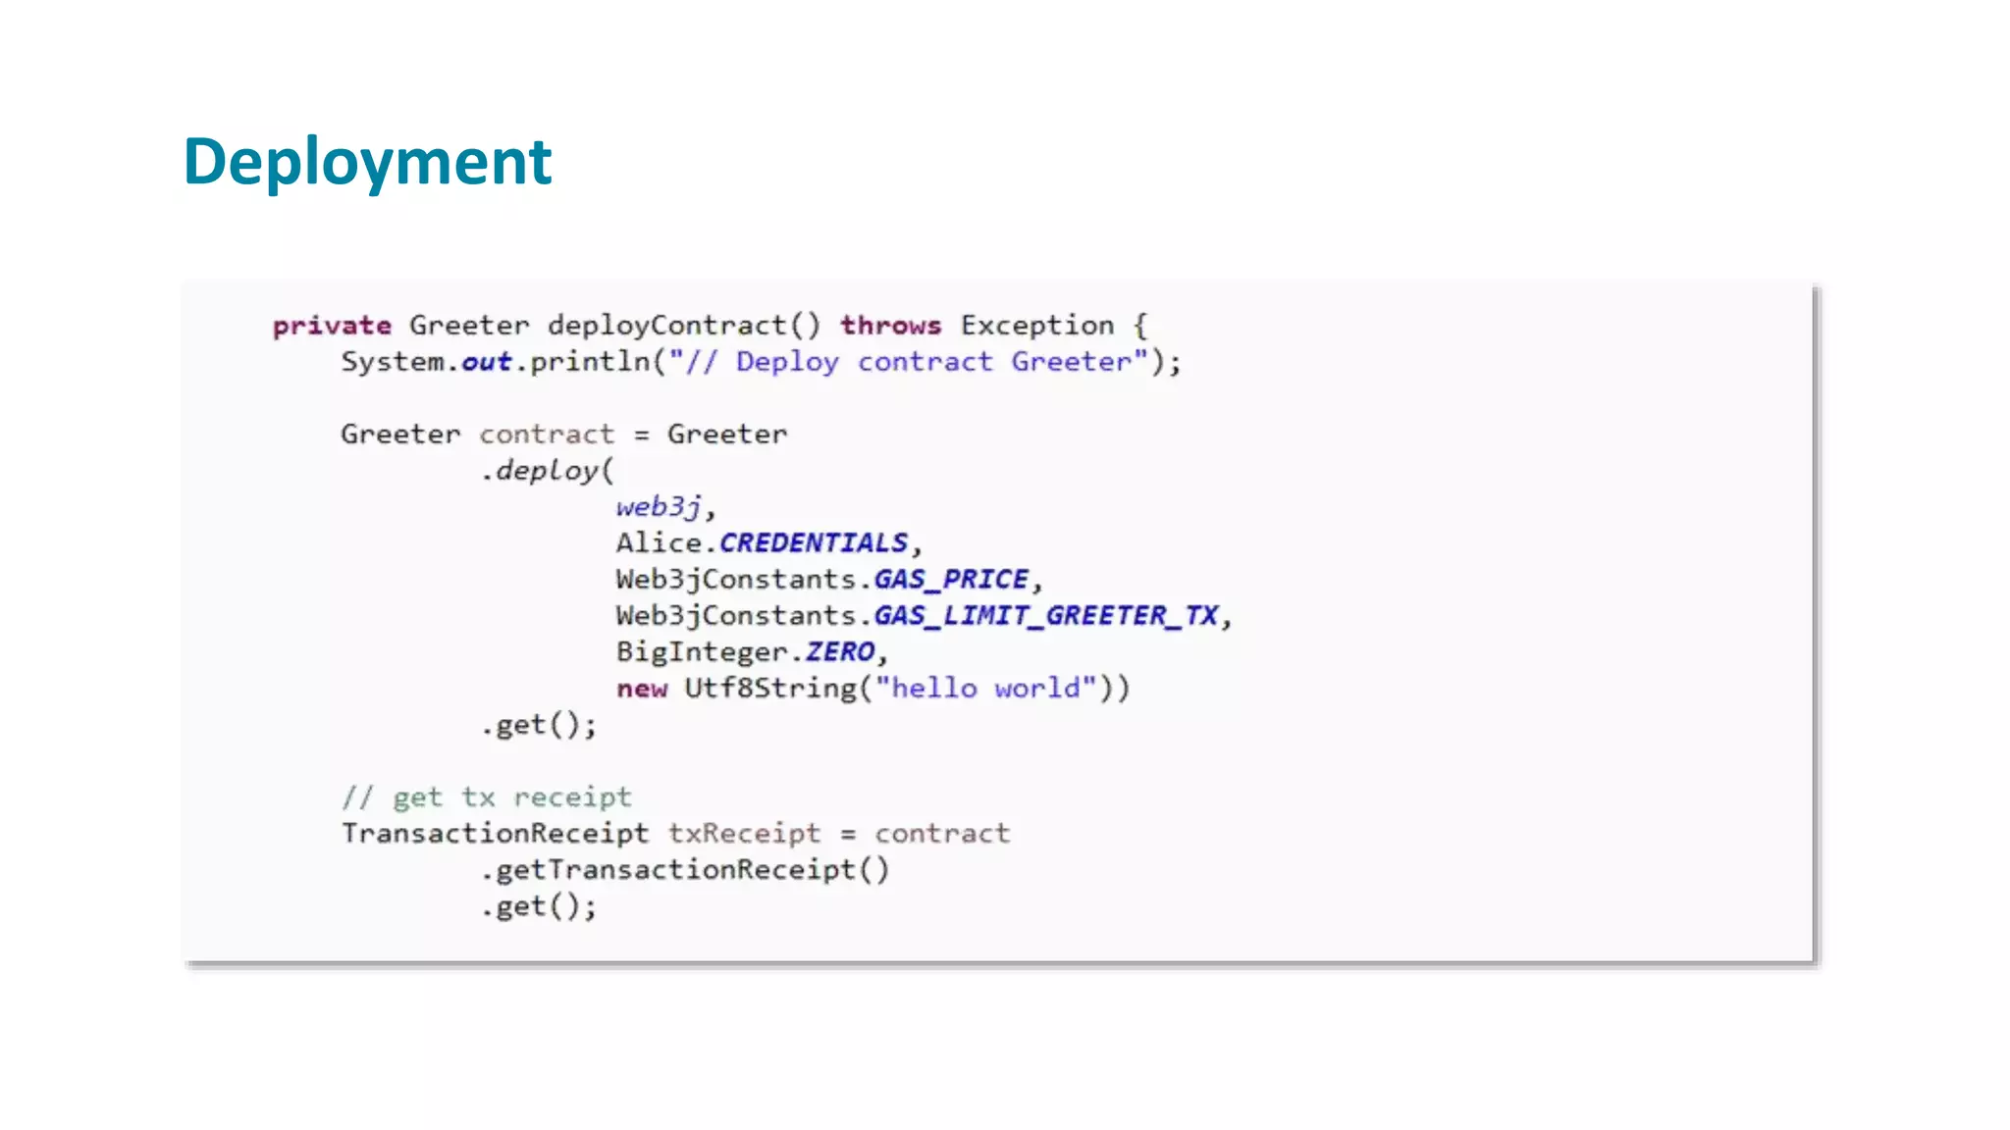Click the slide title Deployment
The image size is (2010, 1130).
[x=367, y=162]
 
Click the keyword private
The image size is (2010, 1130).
[x=332, y=326]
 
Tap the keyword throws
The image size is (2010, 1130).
[x=890, y=326]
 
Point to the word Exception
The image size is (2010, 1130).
[x=1037, y=326]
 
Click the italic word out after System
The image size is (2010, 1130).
[x=487, y=362]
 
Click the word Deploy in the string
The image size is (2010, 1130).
[x=787, y=362]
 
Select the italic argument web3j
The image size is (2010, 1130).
[x=659, y=507]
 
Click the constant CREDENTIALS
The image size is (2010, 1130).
[x=814, y=543]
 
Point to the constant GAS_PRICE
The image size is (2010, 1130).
[x=951, y=580]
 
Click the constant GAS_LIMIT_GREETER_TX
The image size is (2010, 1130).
[x=1045, y=616]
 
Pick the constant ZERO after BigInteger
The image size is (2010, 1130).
[x=840, y=652]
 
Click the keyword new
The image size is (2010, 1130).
[x=642, y=689]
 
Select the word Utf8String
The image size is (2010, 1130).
[x=770, y=689]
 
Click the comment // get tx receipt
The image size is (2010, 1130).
[x=487, y=797]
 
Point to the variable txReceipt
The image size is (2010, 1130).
[x=744, y=834]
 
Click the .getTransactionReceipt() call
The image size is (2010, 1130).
[x=685, y=870]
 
